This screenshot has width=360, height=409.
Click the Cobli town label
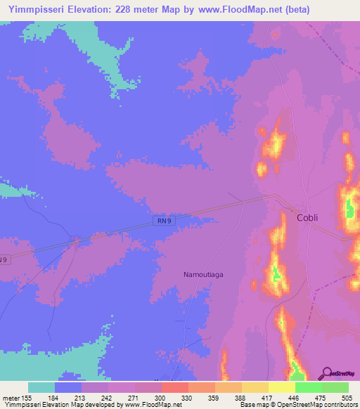click(x=307, y=217)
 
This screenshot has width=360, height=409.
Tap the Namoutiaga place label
click(x=203, y=274)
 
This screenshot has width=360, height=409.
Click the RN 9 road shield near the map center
click(x=163, y=221)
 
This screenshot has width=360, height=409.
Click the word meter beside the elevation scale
click(x=13, y=397)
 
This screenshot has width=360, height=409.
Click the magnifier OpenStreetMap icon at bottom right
click(x=326, y=375)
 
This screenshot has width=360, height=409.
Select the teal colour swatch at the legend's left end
click(x=41, y=387)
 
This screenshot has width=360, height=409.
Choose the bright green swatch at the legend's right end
click(x=335, y=387)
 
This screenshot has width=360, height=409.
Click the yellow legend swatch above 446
click(x=281, y=387)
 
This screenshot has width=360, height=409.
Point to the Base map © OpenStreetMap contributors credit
click(x=296, y=405)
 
